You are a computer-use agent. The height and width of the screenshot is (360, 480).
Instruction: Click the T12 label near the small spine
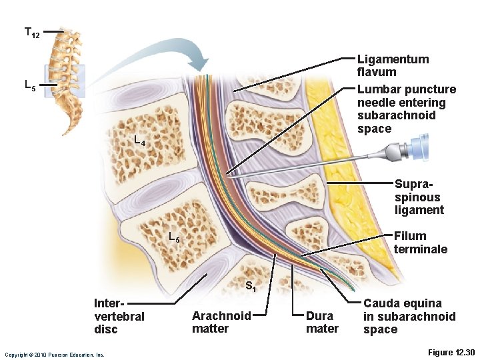click(31, 32)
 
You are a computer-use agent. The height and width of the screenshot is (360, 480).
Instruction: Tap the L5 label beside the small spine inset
click(30, 85)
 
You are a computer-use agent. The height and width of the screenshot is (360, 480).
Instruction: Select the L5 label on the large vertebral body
click(173, 237)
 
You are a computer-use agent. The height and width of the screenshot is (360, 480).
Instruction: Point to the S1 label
click(251, 287)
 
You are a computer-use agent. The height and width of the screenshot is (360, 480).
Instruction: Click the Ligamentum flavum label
click(393, 65)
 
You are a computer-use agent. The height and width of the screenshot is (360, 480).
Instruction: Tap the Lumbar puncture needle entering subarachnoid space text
click(406, 109)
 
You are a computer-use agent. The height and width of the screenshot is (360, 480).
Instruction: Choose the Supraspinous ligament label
click(418, 197)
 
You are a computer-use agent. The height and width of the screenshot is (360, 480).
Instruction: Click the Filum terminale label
click(420, 242)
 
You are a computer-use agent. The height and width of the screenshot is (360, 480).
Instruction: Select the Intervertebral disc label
click(119, 316)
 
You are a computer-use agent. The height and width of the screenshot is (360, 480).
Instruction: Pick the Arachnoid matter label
click(221, 322)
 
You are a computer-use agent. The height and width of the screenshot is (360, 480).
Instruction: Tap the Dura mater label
click(322, 322)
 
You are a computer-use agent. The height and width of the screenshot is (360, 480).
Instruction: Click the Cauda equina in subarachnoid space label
click(409, 316)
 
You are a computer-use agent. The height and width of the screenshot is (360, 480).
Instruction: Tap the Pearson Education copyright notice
click(54, 355)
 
